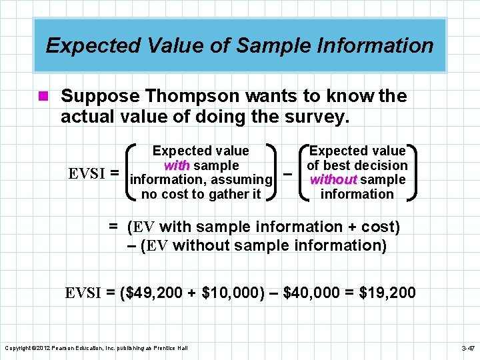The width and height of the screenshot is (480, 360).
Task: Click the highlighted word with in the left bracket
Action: pos(177,165)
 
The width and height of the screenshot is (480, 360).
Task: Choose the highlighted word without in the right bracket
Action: pos(333,179)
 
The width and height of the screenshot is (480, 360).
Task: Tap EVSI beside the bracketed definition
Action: pos(89,173)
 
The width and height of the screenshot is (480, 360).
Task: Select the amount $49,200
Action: pos(154,293)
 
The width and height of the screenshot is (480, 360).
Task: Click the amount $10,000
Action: pos(230,293)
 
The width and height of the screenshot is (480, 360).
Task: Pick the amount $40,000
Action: pos(314,293)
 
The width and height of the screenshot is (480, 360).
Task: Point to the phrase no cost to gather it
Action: pos(201,194)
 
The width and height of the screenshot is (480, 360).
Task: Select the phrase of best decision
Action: pos(357,165)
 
